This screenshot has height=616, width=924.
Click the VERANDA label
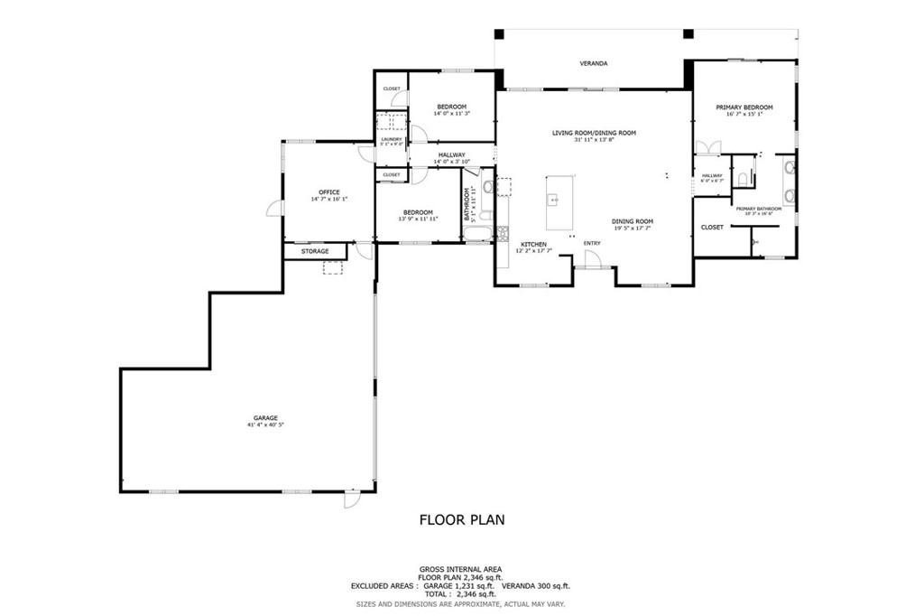tap(593, 64)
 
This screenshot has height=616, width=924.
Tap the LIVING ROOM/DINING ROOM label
tap(594, 133)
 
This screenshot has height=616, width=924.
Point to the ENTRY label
tap(592, 243)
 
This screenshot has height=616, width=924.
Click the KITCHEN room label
tap(533, 245)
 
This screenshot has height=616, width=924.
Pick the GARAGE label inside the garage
tap(265, 417)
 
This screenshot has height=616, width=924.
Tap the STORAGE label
tap(315, 251)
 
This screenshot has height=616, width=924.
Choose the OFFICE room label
tap(328, 191)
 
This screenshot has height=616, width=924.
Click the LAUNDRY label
tap(391, 139)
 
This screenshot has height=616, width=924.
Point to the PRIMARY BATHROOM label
tap(758, 209)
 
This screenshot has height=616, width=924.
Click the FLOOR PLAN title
tap(462, 519)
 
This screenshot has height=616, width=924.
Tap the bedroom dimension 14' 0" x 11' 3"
tap(451, 114)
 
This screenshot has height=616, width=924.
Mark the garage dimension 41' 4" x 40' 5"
tap(265, 425)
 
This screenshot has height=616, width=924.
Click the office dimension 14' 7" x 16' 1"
tap(328, 199)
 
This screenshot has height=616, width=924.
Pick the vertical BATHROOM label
tap(467, 204)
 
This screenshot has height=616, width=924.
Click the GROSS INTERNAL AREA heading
tap(461, 569)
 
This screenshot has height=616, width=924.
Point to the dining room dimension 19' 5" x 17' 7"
tap(633, 229)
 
